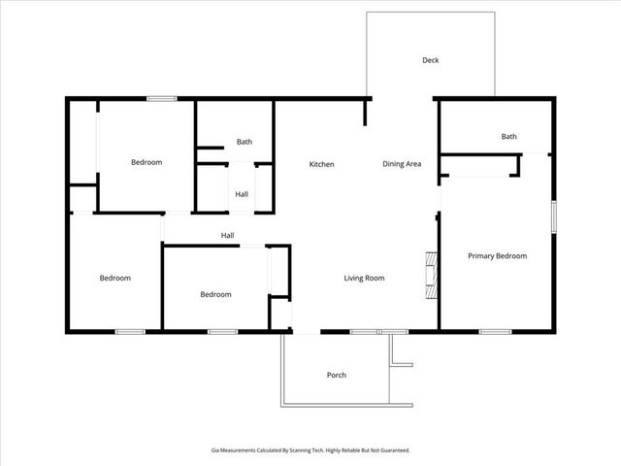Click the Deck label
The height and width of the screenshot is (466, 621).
coord(431,60)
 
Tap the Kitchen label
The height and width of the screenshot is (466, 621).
coord(322,164)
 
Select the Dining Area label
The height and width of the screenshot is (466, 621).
coord(402,164)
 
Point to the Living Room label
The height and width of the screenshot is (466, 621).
coord(365,279)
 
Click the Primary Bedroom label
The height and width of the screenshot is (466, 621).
coord(498,256)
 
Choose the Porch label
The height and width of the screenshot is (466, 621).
coord(337,375)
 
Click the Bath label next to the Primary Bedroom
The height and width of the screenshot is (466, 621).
coord(509,137)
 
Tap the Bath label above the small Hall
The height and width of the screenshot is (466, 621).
coord(245,142)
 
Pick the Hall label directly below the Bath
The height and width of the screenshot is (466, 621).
coord(242,194)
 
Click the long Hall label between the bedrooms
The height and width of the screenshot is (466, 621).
coord(227,235)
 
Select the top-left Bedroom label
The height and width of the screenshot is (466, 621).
coord(147,162)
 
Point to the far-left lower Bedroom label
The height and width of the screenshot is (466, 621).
coord(115,279)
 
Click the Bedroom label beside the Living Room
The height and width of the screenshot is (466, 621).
coord(216,295)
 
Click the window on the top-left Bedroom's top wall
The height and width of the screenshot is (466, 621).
coord(161,98)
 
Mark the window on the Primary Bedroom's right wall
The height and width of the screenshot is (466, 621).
coord(553,216)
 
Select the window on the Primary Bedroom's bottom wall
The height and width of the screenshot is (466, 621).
coord(495,332)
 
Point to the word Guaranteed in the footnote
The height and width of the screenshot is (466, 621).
coord(392,450)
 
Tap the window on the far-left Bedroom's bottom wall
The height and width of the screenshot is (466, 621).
coord(130,332)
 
